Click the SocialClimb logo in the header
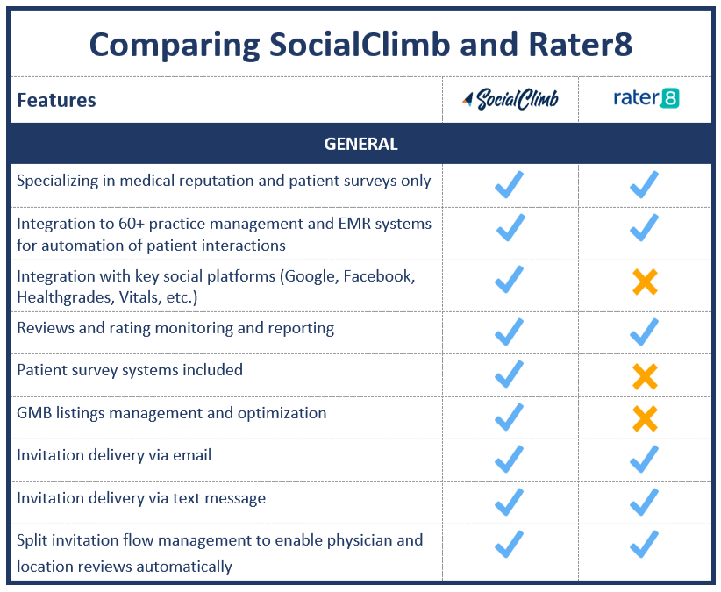tap(510, 99)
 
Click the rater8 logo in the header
tap(646, 98)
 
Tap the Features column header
tap(56, 100)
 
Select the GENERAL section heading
tap(360, 144)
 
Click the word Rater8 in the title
tap(581, 45)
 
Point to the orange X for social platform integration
tap(646, 282)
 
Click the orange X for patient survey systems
tap(646, 376)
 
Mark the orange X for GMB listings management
tap(646, 418)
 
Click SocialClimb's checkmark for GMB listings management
tap(510, 417)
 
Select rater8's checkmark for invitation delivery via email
tap(644, 460)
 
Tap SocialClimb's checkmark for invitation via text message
tap(510, 502)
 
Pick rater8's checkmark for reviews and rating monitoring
tap(644, 332)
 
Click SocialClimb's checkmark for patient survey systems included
tap(510, 374)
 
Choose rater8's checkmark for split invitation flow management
tap(644, 544)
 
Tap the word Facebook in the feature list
tap(379, 276)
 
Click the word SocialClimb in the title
tap(359, 45)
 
